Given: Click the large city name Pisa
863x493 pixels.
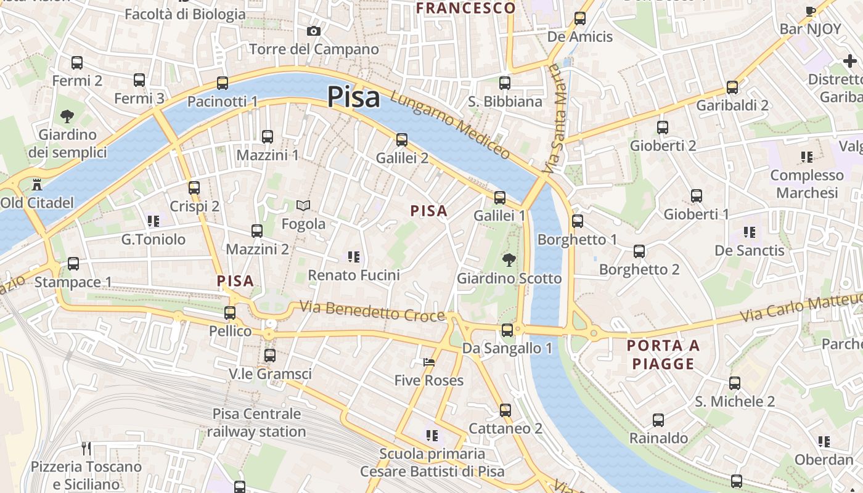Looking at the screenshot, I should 353,97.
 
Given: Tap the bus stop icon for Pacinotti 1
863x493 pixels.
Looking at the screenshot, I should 223,83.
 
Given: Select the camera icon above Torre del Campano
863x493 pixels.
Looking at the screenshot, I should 314,31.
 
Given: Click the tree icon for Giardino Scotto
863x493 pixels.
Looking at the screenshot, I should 509,259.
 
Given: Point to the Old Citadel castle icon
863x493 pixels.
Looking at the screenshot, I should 36,184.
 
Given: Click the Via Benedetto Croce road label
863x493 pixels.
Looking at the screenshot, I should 372,311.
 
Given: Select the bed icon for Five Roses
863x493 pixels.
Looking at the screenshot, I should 429,362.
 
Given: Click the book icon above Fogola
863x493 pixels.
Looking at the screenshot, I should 303,205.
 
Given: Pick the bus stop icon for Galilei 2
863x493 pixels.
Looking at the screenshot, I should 402,139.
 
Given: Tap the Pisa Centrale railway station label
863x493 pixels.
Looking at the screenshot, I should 256,423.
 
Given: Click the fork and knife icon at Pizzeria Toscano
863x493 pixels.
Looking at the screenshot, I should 86,448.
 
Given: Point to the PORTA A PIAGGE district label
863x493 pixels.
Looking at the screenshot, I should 663,354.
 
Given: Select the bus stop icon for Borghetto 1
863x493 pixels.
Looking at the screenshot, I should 578,221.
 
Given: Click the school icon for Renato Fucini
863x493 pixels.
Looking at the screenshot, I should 354,256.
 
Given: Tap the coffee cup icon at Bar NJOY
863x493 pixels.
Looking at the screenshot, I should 811,10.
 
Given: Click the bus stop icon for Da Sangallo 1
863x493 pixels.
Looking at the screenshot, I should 507,330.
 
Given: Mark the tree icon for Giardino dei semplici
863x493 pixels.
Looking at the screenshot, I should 67,116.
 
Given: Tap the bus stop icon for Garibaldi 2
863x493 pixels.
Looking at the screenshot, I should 732,87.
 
